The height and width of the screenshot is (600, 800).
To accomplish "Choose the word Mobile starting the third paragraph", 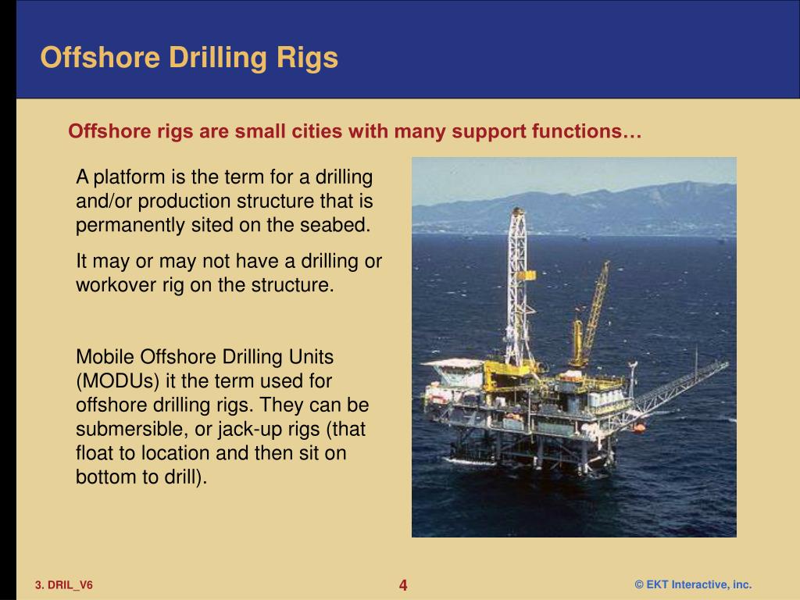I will [x=105, y=358].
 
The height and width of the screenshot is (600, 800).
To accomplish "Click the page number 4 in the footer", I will [x=403, y=585].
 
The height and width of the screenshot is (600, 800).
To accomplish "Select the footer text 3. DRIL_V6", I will [x=63, y=585].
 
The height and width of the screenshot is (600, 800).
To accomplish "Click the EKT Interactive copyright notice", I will [x=693, y=585].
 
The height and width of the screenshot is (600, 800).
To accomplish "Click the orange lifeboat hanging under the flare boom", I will [x=638, y=427].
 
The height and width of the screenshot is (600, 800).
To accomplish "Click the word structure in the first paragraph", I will [x=281, y=202].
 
